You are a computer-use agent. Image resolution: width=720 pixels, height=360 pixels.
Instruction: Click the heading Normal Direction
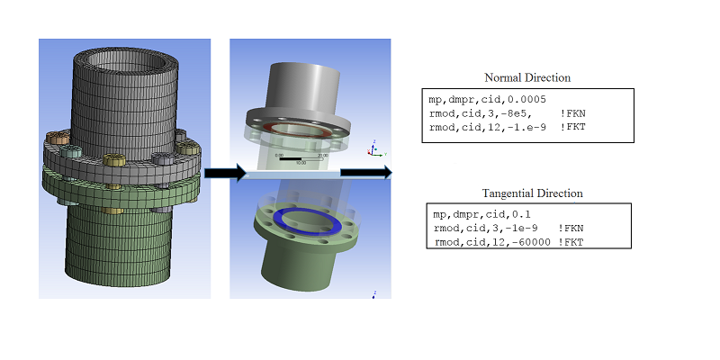(527, 77)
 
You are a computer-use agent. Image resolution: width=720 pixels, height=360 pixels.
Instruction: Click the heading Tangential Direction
(534, 193)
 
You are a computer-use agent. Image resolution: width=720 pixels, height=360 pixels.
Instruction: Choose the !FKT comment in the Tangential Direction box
(572, 242)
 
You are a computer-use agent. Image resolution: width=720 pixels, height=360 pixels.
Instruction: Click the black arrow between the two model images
(224, 173)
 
